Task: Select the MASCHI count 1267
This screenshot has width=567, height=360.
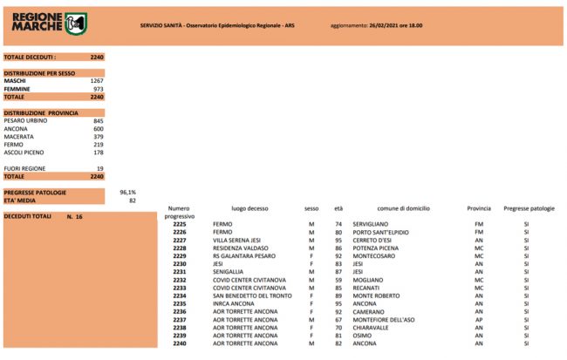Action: click(96, 81)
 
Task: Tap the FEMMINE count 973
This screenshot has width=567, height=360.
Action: click(98, 89)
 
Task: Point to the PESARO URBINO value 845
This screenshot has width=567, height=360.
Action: click(98, 120)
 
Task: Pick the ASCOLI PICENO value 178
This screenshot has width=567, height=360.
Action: click(98, 152)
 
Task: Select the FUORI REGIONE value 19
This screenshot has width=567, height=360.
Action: click(99, 167)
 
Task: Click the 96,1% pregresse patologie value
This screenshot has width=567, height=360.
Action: click(128, 192)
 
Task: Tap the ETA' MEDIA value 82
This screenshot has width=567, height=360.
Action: click(132, 200)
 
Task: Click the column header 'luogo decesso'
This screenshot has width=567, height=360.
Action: click(249, 209)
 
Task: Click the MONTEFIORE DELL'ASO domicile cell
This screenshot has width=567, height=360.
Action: click(387, 318)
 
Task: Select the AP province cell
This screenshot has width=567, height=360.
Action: click(478, 318)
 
